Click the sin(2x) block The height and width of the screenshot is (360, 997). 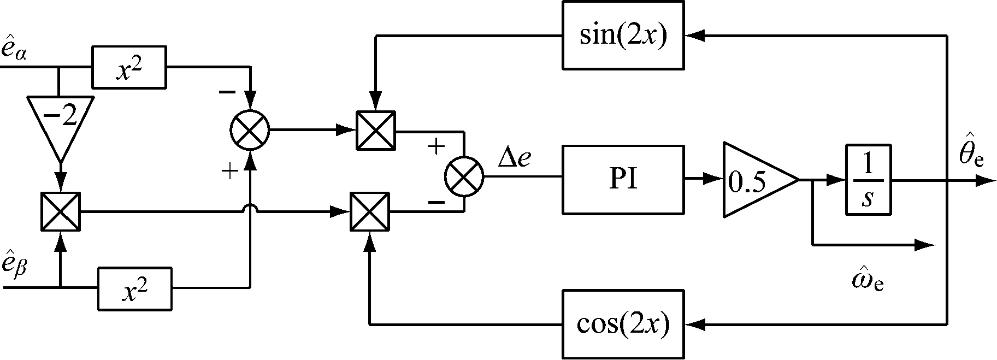coord(623,36)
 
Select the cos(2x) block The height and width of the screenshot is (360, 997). coord(623,325)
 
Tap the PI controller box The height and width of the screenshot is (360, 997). coord(623,179)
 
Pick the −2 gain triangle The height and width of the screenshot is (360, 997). coord(60,120)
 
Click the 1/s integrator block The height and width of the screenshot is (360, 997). coord(868,179)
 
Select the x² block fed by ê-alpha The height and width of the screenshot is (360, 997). coord(129,68)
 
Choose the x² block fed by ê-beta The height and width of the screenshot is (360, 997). coord(134,288)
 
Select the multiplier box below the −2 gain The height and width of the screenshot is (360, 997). coord(60,211)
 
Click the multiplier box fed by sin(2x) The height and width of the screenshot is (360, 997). coord(375,131)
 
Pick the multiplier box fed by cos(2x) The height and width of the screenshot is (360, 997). coord(370,211)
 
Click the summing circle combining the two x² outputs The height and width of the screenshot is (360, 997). coord(250,131)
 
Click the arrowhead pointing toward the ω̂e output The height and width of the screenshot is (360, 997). coord(926,245)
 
